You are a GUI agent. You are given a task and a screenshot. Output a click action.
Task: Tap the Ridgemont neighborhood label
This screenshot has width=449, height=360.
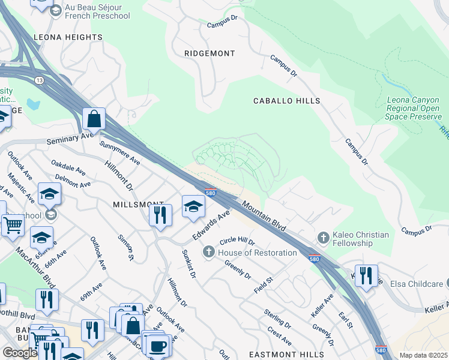click(209, 53)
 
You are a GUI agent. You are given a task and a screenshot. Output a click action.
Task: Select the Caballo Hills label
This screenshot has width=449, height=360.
click(286, 101)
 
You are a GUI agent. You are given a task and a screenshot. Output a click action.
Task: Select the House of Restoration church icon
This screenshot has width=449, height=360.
click(209, 252)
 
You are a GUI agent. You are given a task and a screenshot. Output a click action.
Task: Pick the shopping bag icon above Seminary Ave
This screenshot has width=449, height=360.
click(94, 119)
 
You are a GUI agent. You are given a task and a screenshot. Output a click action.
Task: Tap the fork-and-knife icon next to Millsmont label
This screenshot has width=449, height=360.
click(160, 214)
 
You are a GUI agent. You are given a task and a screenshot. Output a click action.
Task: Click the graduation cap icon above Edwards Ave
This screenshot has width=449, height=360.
click(193, 206)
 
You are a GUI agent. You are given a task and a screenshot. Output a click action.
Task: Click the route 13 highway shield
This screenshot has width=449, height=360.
click(39, 79)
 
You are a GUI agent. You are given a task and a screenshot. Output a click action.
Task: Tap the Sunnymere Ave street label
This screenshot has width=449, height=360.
click(120, 154)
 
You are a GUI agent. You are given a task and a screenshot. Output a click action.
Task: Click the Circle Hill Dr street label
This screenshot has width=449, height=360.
click(237, 241)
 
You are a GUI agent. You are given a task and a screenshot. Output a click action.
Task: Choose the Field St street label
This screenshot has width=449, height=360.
click(263, 280)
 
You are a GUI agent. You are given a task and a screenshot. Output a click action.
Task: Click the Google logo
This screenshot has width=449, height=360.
click(20, 353)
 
